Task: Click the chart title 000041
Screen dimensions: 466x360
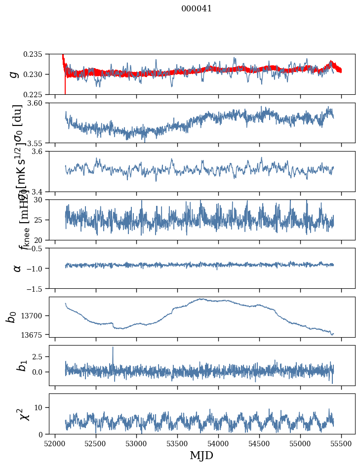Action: [x=197, y=8]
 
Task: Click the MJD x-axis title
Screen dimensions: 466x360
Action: [x=201, y=456]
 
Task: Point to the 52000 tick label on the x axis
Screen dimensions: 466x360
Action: [x=55, y=443]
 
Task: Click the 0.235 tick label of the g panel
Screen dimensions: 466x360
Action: [x=36, y=54]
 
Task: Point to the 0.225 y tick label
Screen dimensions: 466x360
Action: [x=36, y=94]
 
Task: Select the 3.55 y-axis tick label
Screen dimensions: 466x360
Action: [x=39, y=143]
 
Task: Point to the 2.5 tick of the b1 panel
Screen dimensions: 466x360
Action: [x=40, y=356]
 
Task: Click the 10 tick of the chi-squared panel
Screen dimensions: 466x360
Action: [x=42, y=407]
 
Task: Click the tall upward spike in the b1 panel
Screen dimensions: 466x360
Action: [x=113, y=348]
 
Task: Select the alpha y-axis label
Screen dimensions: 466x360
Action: [x=17, y=268]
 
